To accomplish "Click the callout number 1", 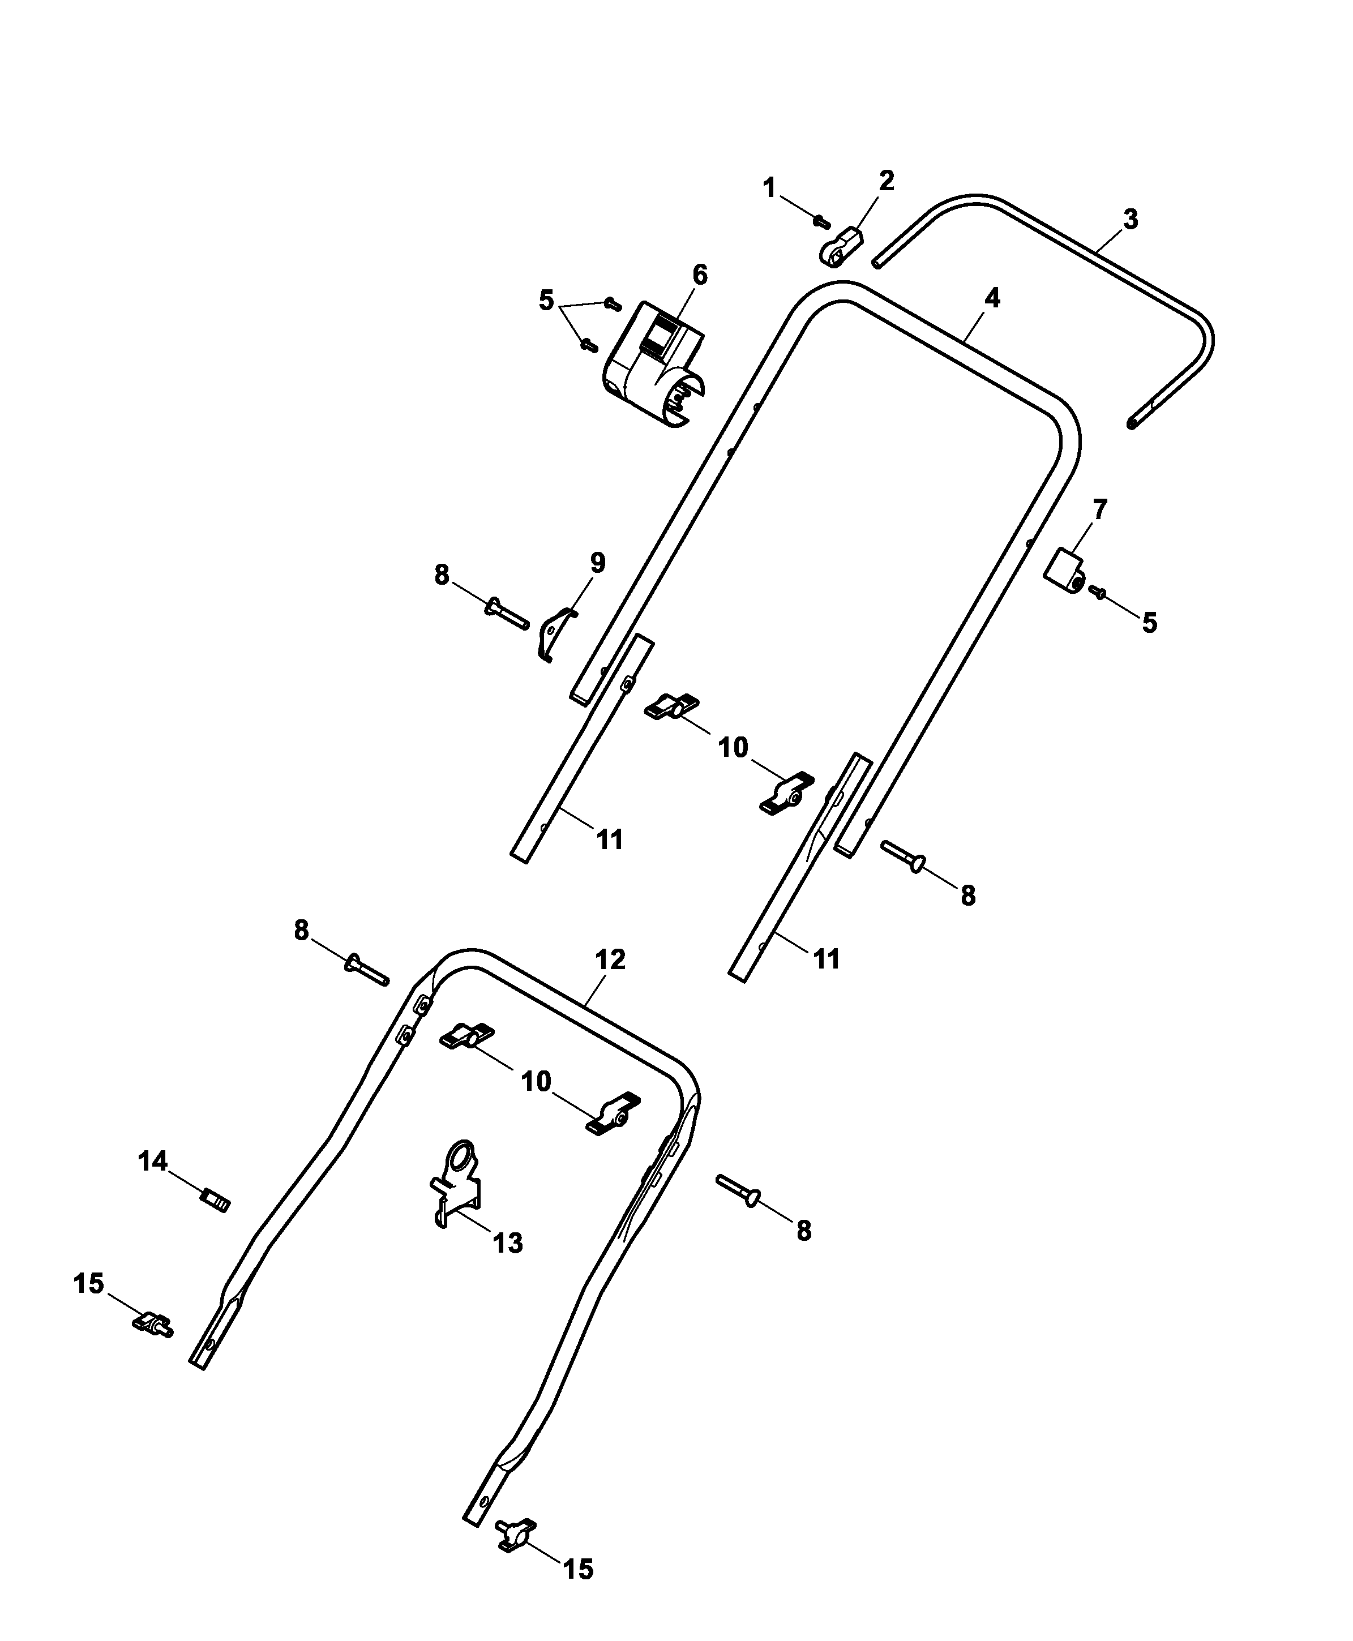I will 769,188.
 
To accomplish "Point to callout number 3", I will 1130,220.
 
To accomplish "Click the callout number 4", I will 992,298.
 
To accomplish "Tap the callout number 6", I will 699,275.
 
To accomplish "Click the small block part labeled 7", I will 1064,569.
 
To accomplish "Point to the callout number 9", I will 597,563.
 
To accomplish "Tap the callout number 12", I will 610,960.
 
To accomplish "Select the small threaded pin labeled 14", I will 215,1201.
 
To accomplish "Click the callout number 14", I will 153,1161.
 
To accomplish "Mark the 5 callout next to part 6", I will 546,300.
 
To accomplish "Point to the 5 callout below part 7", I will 1150,623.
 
